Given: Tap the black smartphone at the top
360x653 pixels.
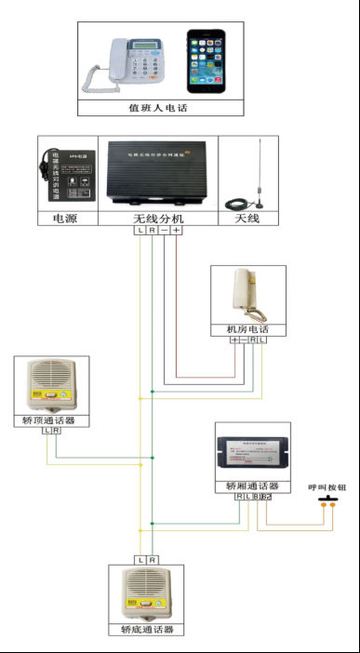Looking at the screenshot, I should pyautogui.click(x=205, y=62).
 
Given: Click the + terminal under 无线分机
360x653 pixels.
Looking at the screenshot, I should pyautogui.click(x=176, y=230).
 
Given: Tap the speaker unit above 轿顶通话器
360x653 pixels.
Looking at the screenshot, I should pyautogui.click(x=51, y=385).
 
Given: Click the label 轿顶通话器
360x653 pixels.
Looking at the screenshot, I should pyautogui.click(x=51, y=420).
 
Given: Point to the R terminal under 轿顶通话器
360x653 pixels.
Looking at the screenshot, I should pyautogui.click(x=57, y=431).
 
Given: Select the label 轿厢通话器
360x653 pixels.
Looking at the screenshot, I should pyautogui.click(x=252, y=486).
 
